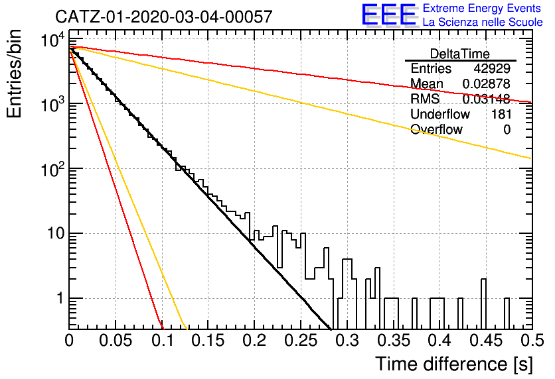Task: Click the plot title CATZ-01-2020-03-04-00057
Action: [164, 17]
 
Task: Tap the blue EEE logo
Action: [388, 15]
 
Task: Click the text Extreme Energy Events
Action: [482, 8]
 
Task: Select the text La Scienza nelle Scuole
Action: [483, 22]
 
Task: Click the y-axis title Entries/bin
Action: [14, 74]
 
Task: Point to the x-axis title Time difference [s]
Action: [454, 364]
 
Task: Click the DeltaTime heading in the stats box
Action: [460, 54]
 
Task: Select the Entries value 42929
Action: [492, 68]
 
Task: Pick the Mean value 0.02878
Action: [487, 83]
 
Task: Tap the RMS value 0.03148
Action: [487, 99]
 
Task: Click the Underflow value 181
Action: [501, 114]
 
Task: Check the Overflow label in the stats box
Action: [436, 129]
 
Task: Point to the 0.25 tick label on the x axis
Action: [301, 341]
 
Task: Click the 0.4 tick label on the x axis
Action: [439, 341]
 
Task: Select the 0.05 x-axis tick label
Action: [116, 341]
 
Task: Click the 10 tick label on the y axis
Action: [56, 233]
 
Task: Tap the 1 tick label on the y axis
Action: [60, 298]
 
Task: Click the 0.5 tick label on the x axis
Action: [532, 341]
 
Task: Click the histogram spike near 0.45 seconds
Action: [483, 303]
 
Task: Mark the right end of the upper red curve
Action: [532, 103]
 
